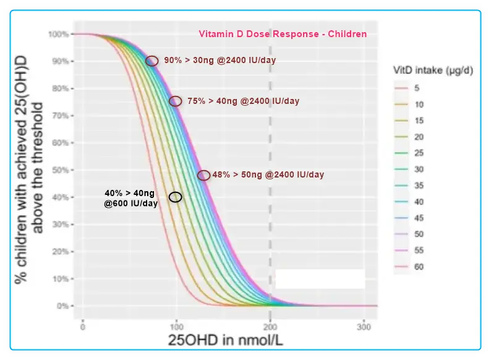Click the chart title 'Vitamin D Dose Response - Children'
click(x=283, y=35)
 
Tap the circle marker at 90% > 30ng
click(x=152, y=61)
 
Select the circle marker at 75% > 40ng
click(x=176, y=101)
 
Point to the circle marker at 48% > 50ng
click(x=203, y=175)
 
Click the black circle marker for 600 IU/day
click(x=176, y=197)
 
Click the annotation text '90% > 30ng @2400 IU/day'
click(x=220, y=61)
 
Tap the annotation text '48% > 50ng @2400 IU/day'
click(x=268, y=175)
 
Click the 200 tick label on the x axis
click(x=270, y=326)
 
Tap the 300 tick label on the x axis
click(x=364, y=326)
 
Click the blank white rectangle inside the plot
click(x=320, y=279)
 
